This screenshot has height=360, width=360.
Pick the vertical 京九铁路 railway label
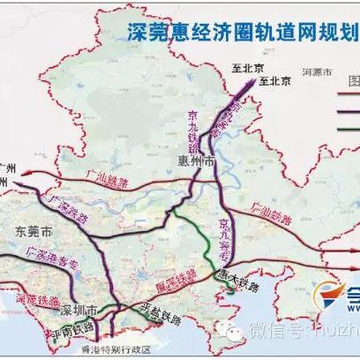(195, 127)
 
